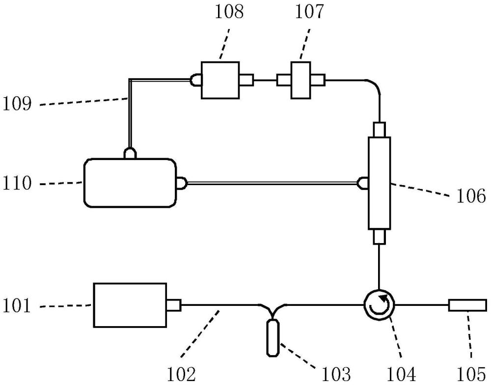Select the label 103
pos(336,374)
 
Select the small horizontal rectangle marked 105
pos(467,305)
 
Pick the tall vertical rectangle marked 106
pos(379,183)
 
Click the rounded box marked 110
pos(130,183)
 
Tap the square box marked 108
pos(220,80)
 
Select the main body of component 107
pos(300,80)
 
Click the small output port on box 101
pos(174,305)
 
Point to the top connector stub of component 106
pos(380,130)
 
